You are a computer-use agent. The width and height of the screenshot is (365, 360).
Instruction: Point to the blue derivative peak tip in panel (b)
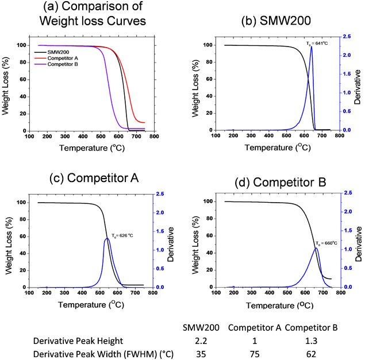(311, 47)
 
